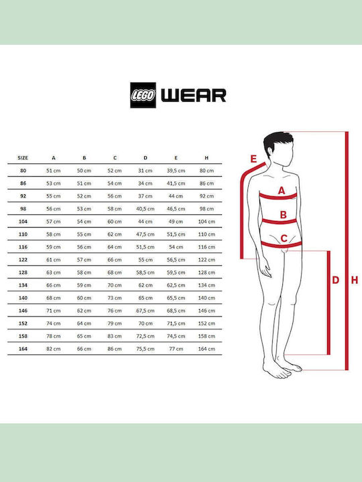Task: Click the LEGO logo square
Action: (143, 95)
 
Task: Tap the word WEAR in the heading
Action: (194, 95)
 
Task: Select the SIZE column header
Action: (23, 158)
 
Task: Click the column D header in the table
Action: (145, 158)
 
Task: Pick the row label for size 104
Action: (23, 222)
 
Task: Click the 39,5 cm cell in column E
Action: (176, 171)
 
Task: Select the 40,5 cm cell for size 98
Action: (145, 209)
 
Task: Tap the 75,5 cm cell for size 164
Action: (145, 349)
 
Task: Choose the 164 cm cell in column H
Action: (206, 349)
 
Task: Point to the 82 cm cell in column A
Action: (54, 349)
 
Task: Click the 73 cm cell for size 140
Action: (115, 298)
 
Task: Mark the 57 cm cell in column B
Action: (84, 260)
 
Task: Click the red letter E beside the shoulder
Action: (253, 159)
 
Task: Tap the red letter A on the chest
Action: (282, 191)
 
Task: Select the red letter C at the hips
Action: (284, 238)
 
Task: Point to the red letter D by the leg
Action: (336, 280)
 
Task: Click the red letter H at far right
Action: (355, 280)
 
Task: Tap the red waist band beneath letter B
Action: (279, 222)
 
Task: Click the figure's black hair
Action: (277, 141)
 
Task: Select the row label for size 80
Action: (23, 171)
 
